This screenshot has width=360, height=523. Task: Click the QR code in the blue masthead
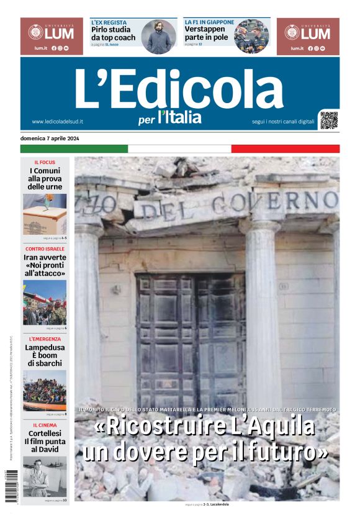point(329,120)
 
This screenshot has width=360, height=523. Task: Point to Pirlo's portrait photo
point(159,37)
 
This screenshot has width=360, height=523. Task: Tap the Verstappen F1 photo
point(251,37)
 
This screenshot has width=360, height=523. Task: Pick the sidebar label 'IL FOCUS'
point(45,162)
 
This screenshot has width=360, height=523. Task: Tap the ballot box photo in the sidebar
point(45,214)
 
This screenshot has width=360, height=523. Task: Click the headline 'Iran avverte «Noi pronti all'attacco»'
point(45,265)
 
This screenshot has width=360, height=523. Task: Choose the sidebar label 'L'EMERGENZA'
point(45,339)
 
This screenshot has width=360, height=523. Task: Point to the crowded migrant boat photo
point(45,390)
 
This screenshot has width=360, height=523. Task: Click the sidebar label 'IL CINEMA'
point(45,425)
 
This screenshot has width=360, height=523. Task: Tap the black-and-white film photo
point(45,476)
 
